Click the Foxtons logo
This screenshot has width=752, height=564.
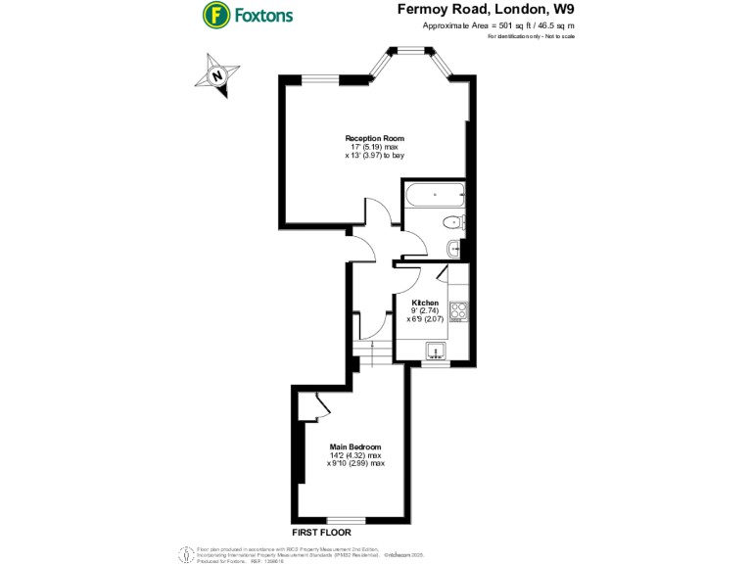(248, 16)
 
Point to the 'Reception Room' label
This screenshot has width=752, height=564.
(374, 138)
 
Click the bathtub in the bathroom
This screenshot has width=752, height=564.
(436, 194)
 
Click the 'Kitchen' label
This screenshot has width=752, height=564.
(425, 303)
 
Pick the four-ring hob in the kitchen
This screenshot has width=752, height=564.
(458, 311)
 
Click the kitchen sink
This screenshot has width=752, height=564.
(435, 351)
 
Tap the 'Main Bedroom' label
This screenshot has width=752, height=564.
(355, 447)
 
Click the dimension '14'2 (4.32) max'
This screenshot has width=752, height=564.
(356, 455)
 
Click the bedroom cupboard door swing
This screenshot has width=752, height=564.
(319, 404)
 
